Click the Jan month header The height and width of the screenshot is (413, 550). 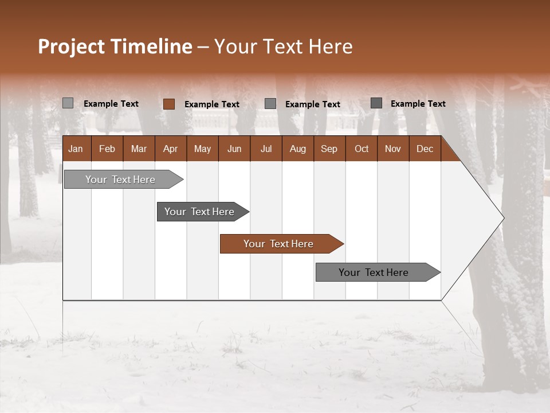pos(76,149)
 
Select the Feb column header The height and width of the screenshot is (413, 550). pos(107,149)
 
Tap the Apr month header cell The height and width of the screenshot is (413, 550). pos(170,149)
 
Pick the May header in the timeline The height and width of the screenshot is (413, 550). pos(202,149)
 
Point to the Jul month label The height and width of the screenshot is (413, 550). pos(266,149)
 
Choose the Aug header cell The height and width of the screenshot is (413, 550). pos(297,149)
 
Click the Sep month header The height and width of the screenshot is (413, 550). pos(329,149)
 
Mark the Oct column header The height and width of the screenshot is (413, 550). pos(362,149)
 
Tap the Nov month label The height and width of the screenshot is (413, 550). pos(393,149)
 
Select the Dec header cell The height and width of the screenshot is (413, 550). pos(425,149)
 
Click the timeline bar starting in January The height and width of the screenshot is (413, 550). pos(120,180)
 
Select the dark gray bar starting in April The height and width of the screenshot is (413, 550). pos(199,212)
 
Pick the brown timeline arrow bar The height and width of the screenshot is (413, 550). pos(278,244)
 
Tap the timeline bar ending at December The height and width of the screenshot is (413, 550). pos(374,272)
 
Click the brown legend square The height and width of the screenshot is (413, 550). pos(168,104)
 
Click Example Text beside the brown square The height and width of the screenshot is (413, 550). pos(212,104)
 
